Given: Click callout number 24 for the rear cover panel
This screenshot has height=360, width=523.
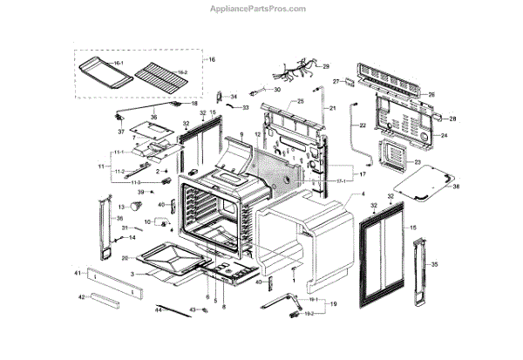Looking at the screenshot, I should pos(443,136).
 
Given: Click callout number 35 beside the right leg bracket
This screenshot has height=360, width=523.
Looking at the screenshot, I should pos(434,264).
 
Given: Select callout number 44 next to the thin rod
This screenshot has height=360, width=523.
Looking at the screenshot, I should pos(159,309).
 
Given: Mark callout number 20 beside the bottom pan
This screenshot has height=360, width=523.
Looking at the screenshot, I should pos(125,258).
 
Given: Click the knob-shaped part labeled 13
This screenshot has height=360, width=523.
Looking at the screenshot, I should pos(138,207).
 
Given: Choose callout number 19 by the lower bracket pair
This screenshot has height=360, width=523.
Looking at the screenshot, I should pos(332,305).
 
